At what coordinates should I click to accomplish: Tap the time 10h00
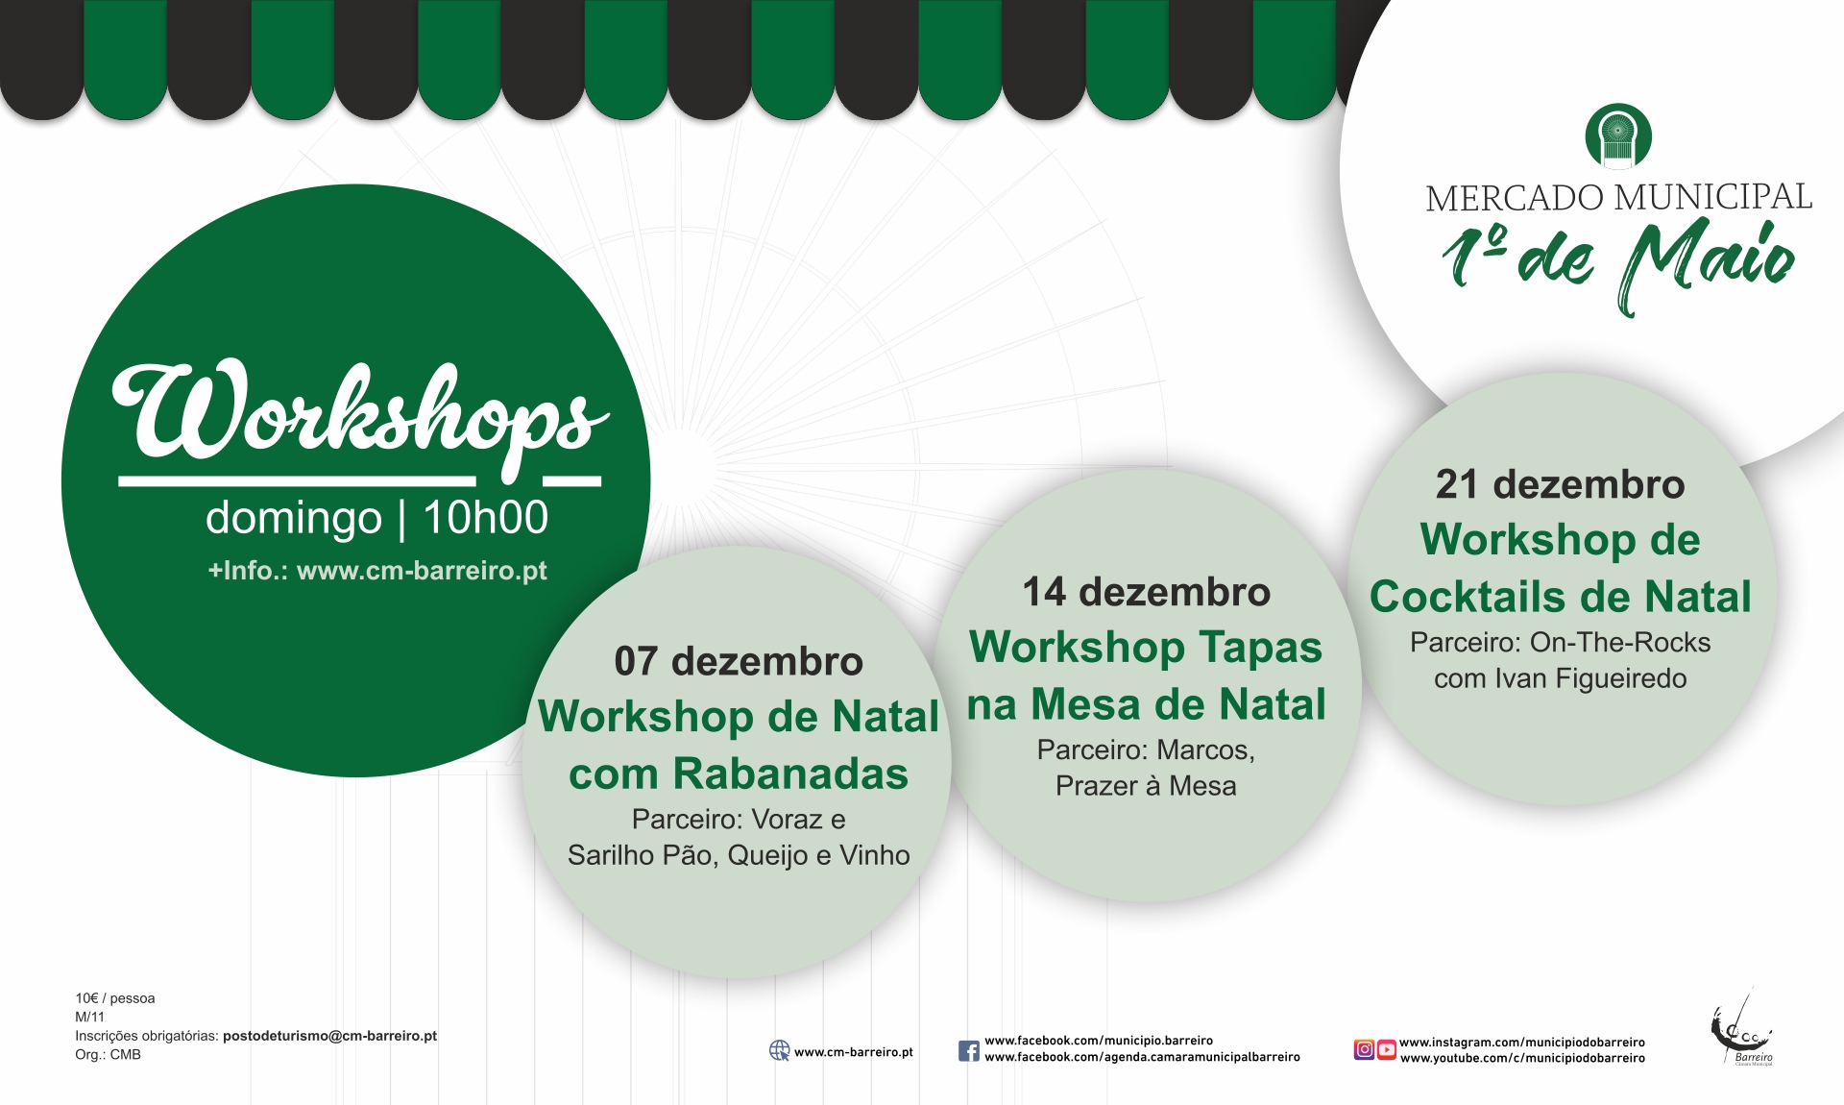pyautogui.click(x=485, y=518)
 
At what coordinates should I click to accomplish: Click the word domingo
pyautogui.click(x=294, y=519)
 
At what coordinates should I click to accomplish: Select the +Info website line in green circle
pyautogui.click(x=377, y=571)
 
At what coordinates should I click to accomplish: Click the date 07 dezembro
pyautogui.click(x=739, y=661)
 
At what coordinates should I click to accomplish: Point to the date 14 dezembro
pyautogui.click(x=1146, y=592)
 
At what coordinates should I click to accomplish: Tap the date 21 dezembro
pyautogui.click(x=1560, y=484)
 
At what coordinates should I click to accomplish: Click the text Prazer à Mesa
pyautogui.click(x=1146, y=786)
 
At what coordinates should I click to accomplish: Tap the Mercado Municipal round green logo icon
pyautogui.click(x=1618, y=136)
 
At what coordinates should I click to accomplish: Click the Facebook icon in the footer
pyautogui.click(x=969, y=1050)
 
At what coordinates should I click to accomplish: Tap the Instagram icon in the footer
pyautogui.click(x=1364, y=1049)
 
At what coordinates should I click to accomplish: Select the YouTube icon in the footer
pyautogui.click(x=1387, y=1049)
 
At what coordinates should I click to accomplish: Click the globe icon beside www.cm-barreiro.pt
pyautogui.click(x=779, y=1051)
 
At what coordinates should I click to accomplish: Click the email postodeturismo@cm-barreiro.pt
pyautogui.click(x=329, y=1036)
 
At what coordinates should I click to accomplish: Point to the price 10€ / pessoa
pyautogui.click(x=115, y=998)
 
